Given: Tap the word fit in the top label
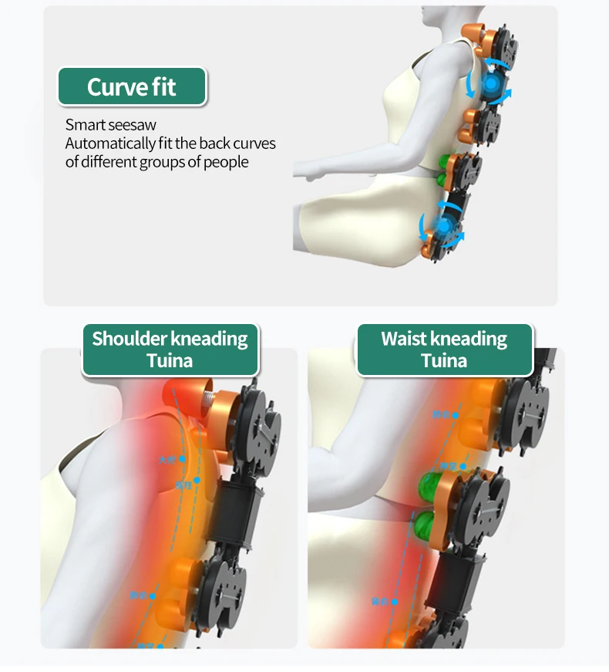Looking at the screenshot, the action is click(163, 87).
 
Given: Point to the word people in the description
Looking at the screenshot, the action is click(226, 162).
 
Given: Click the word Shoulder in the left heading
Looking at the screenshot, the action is click(129, 339).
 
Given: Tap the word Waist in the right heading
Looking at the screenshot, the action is click(403, 339).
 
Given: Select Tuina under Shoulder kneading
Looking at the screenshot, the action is click(170, 360).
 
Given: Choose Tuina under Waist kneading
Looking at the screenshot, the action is click(444, 360).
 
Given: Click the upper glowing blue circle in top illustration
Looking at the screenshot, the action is click(490, 83).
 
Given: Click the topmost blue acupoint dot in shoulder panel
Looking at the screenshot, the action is click(183, 459).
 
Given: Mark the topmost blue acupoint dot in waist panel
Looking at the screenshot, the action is click(456, 415).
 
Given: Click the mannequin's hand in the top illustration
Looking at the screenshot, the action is click(308, 176).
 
